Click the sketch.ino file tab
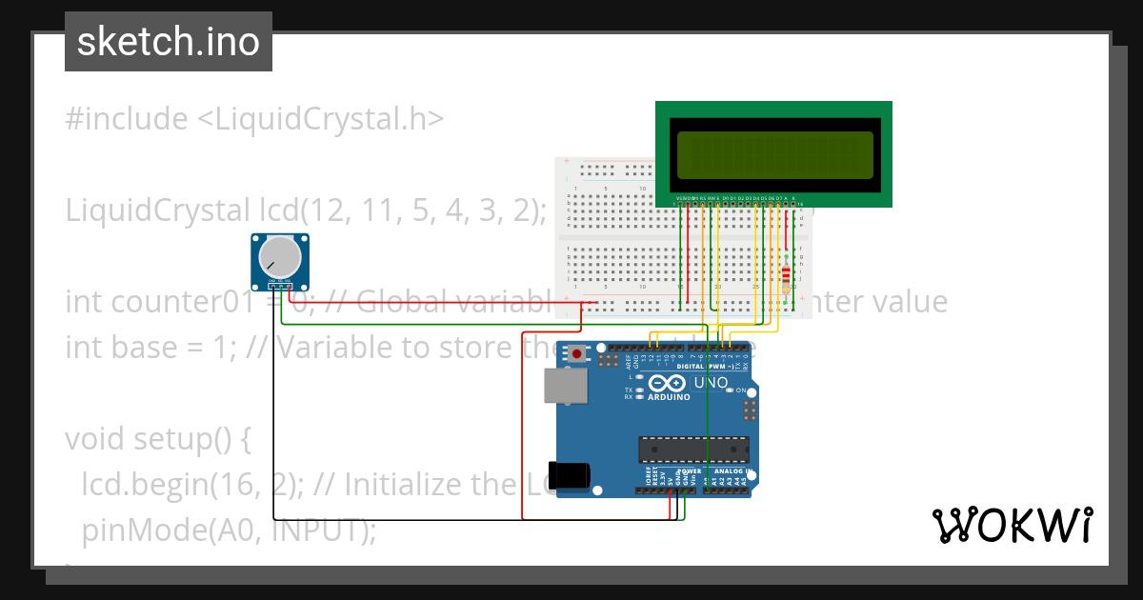click(x=168, y=42)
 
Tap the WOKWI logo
click(x=1012, y=525)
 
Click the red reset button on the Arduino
click(x=577, y=354)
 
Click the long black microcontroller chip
click(x=693, y=449)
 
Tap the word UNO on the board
click(x=710, y=383)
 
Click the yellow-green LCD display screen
click(x=773, y=154)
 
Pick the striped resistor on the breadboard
click(x=786, y=276)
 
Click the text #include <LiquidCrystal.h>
click(x=254, y=119)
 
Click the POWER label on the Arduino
click(x=689, y=471)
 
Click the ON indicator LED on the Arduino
click(x=730, y=390)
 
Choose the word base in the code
click(x=144, y=348)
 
